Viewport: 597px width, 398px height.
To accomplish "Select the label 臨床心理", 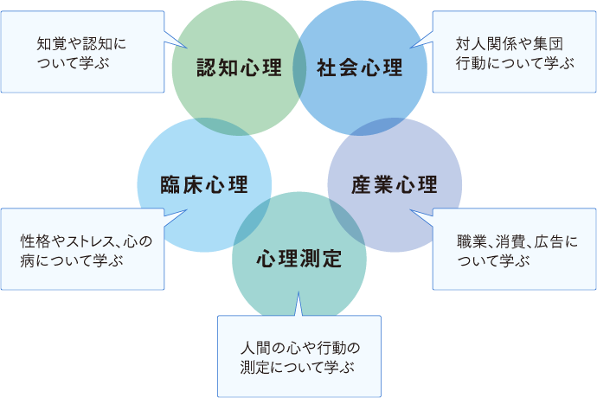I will (205, 185).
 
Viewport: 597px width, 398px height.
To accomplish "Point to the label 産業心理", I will (395, 185).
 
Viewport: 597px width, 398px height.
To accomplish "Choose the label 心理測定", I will (299, 259).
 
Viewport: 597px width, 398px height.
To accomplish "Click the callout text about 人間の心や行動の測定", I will (298, 356).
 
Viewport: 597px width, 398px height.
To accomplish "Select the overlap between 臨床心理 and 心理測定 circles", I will (250, 224).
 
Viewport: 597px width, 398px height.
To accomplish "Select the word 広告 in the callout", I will (551, 241).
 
